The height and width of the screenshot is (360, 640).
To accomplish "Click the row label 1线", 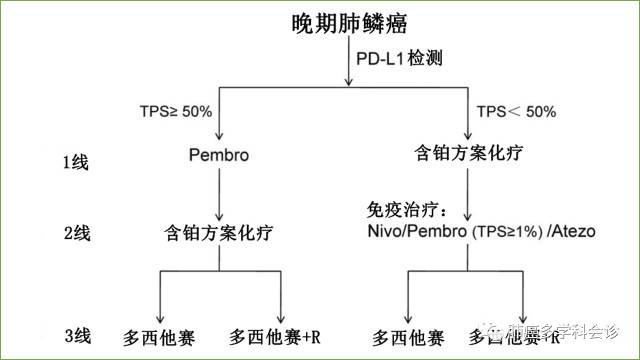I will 76,161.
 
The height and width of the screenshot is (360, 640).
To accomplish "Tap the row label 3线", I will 76,333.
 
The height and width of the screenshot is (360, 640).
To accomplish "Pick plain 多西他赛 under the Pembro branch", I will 157,334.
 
